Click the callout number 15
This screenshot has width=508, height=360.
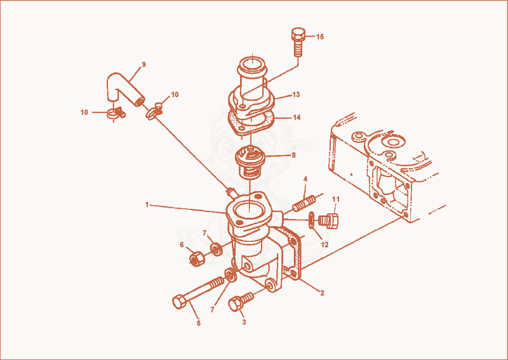[320, 37]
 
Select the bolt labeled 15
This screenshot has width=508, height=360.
[298, 42]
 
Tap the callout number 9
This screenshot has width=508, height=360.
[144, 64]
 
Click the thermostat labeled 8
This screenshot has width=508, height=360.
[250, 162]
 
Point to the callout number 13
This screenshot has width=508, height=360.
[296, 95]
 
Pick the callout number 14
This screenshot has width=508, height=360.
[297, 117]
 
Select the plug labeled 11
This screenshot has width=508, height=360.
[329, 220]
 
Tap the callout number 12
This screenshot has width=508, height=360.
[324, 244]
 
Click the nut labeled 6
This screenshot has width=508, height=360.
[196, 259]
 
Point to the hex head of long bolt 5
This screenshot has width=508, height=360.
[180, 302]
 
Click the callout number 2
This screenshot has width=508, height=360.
[322, 293]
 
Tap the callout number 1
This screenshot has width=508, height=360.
[147, 205]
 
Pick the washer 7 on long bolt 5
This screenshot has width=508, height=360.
[231, 276]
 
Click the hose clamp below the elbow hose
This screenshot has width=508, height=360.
[116, 113]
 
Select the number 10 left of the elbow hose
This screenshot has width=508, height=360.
[84, 112]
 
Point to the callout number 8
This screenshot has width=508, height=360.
[293, 155]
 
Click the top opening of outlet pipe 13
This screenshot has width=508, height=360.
[252, 63]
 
